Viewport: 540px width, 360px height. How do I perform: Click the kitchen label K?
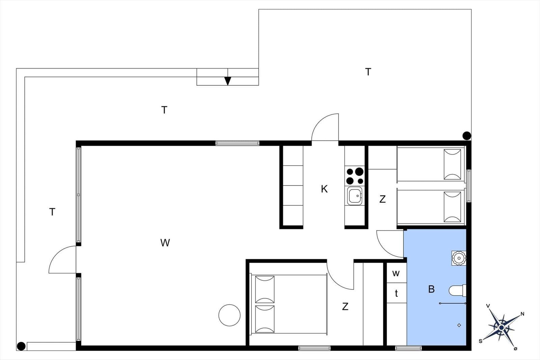pos(324,189)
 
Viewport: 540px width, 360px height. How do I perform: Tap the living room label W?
pos(165,243)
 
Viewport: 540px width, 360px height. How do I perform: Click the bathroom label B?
pos(431,289)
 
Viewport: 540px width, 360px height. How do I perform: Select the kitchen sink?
pos(355,196)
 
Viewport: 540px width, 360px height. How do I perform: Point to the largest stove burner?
pos(359,171)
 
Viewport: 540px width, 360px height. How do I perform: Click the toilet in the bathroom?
pos(457,290)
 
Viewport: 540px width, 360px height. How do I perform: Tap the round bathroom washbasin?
pos(459,258)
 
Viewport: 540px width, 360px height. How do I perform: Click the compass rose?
pos(502,328)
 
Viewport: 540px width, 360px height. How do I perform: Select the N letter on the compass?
pos(522,314)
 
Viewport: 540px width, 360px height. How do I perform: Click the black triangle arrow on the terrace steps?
pos(227,81)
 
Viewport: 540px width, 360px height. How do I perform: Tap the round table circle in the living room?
pos(230,315)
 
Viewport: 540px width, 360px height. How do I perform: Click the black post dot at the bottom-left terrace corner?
pos(21,346)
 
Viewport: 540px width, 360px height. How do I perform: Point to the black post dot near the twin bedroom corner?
pos(467,136)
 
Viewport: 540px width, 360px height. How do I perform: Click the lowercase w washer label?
pos(396,273)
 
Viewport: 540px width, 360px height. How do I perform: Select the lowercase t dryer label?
pos(396,293)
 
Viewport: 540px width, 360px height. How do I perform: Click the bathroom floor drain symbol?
pos(459,325)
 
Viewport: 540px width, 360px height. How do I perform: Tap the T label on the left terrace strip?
pos(52,212)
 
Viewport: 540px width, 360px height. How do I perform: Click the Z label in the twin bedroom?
pos(382,199)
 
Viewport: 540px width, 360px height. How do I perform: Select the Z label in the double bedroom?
pos(345,306)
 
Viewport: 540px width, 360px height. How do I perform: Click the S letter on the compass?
pos(481,341)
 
